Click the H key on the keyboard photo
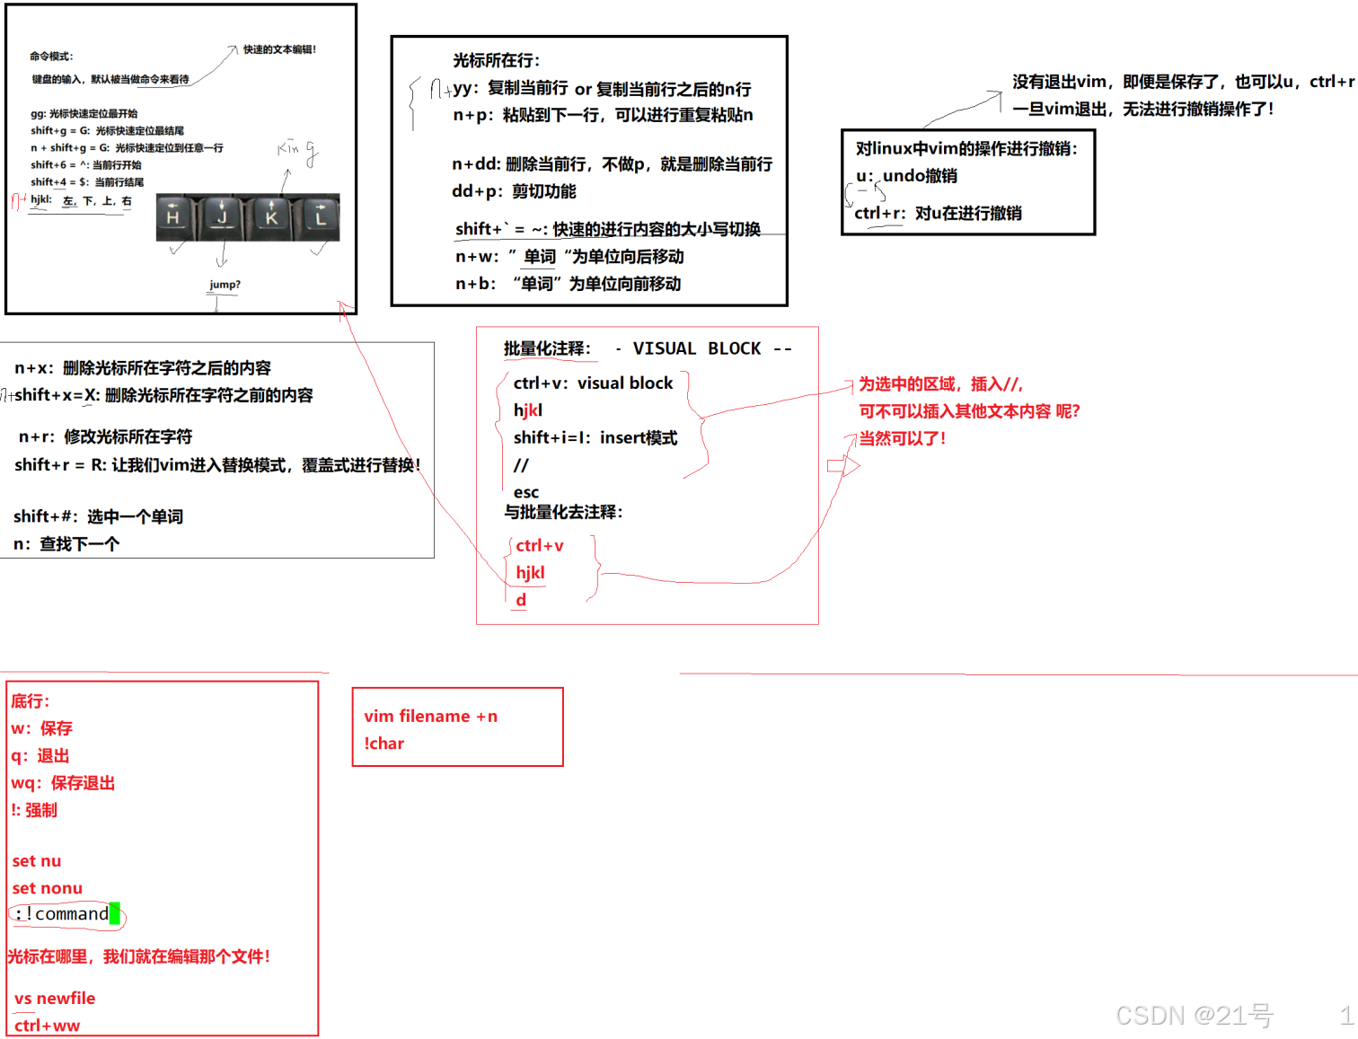tap(173, 217)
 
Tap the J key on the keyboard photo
tap(223, 217)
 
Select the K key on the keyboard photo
tap(271, 217)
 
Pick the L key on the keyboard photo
tap(321, 217)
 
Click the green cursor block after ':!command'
tap(114, 913)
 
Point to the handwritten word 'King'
tap(296, 151)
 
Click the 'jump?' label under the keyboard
tap(225, 285)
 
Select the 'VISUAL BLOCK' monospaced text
tap(696, 348)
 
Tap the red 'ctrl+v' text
tap(539, 545)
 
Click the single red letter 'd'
tap(521, 600)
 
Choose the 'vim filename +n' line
tap(430, 716)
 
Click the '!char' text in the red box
tap(384, 744)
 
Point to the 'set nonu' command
tap(47, 888)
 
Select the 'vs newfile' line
tap(55, 998)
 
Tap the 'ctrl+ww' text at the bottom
tap(47, 1026)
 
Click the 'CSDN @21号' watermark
tap(1194, 1016)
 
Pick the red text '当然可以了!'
tap(902, 438)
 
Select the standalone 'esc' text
tap(526, 492)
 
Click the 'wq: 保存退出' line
tap(63, 783)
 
